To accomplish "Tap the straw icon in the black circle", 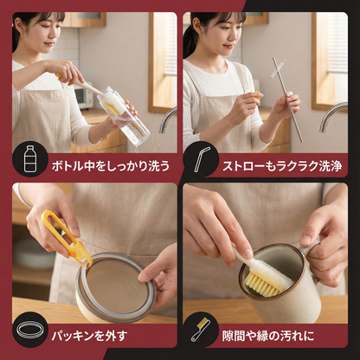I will (x=203, y=161).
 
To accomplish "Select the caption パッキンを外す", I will (x=100, y=332).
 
